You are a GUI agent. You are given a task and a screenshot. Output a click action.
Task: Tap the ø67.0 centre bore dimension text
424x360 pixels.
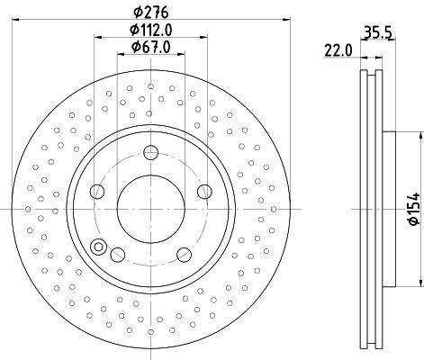(150, 47)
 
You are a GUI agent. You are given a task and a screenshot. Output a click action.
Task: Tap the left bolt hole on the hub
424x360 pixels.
(96, 191)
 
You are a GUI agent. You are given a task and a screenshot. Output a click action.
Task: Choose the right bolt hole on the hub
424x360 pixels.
(204, 191)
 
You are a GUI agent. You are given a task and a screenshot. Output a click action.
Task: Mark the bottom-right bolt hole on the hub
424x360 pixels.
(184, 255)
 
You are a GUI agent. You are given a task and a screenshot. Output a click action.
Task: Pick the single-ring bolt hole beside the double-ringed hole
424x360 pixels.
(116, 255)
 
